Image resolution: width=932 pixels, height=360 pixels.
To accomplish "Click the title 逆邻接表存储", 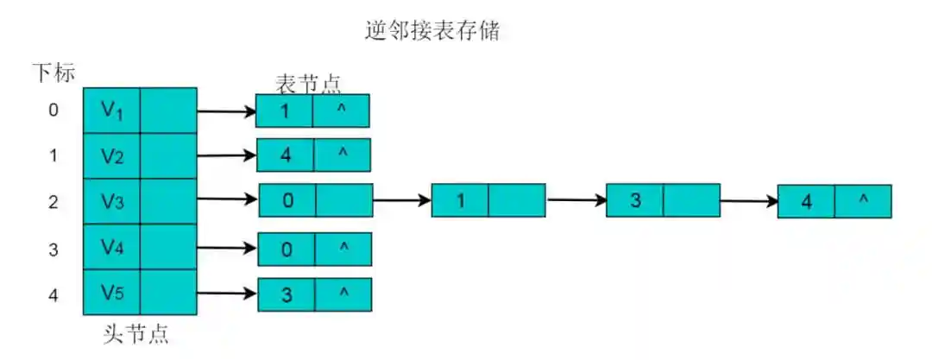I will click(x=432, y=33).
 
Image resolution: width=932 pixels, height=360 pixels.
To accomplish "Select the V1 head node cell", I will click(x=111, y=110).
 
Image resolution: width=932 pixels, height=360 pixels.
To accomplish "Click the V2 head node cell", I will click(x=111, y=155).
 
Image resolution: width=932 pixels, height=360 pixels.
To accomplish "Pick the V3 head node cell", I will click(x=111, y=201).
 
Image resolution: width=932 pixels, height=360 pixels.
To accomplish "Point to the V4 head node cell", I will click(x=111, y=247).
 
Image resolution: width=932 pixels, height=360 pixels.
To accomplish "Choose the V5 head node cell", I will click(x=111, y=293).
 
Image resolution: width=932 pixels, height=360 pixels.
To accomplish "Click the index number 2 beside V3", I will click(x=54, y=202).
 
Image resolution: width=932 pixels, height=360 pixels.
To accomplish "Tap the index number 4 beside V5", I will click(x=54, y=294).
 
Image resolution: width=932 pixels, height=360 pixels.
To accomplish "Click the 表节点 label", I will click(x=308, y=83).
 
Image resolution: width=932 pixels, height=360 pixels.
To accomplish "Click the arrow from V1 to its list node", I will click(x=226, y=111).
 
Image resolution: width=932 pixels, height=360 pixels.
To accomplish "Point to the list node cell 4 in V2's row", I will click(x=286, y=155).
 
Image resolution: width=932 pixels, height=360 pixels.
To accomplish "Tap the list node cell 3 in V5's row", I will click(x=287, y=294).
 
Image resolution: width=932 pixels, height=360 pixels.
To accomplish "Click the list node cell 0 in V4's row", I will click(x=287, y=249).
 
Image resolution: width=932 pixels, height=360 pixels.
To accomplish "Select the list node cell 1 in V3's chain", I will click(x=460, y=200).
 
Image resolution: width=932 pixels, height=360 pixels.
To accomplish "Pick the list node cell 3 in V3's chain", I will click(x=635, y=200).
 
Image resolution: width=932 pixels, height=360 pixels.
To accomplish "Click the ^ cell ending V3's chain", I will click(x=863, y=201).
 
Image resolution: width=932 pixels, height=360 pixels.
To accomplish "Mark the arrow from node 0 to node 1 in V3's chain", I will click(x=401, y=200).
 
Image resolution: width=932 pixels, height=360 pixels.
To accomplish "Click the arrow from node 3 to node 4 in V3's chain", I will click(x=748, y=201).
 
